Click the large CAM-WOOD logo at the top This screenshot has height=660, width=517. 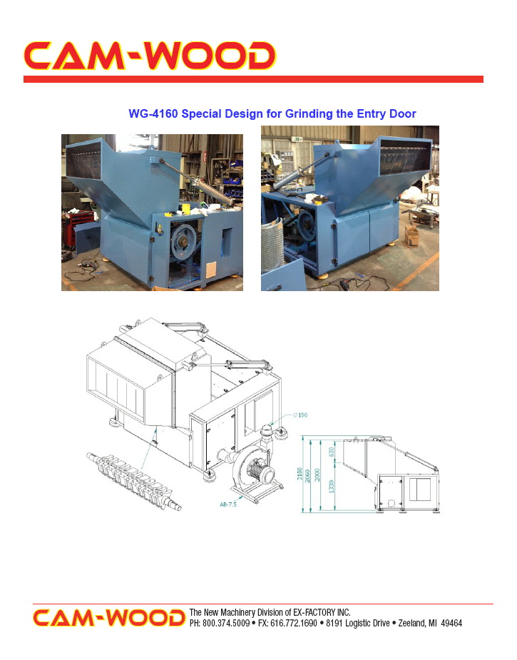pos(149,56)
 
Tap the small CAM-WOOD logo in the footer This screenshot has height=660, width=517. pos(109,617)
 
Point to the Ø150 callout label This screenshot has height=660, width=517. pos(300,415)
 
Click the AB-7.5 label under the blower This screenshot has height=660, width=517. pos(228,504)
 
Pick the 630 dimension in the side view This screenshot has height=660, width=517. pos(331,452)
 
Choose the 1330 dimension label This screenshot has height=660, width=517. pos(331,486)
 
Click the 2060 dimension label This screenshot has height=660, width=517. pos(307,476)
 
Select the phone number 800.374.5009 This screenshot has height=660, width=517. pos(226,623)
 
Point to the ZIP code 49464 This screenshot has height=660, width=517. pos(451,623)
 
